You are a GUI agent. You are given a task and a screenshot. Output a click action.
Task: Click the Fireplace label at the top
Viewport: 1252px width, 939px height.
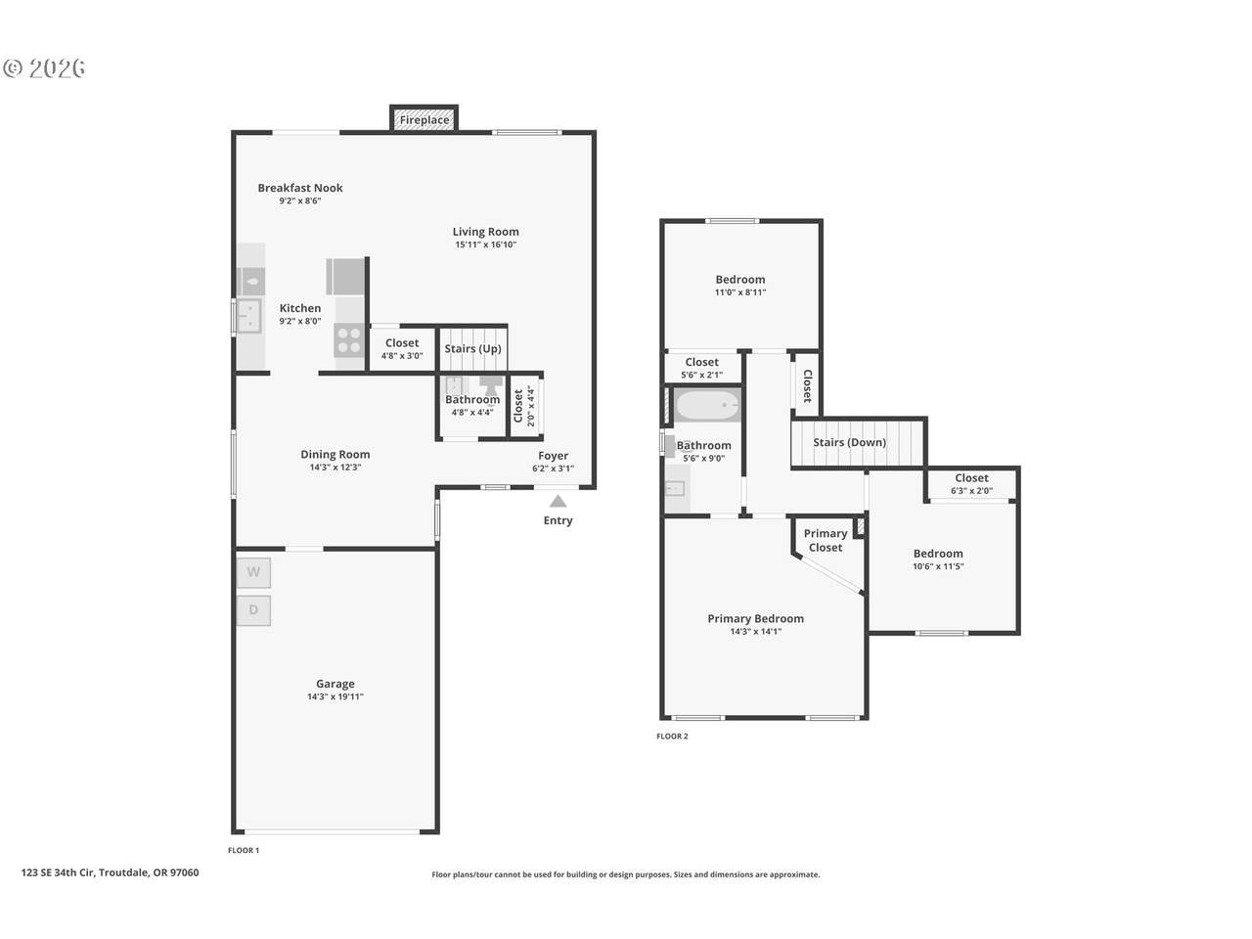click(424, 120)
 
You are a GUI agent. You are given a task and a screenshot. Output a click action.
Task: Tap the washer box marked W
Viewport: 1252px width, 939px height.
click(253, 572)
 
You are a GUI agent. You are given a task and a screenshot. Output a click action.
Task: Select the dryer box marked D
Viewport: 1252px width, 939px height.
click(253, 610)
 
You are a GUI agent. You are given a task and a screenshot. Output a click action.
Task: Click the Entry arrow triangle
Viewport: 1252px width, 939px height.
click(558, 501)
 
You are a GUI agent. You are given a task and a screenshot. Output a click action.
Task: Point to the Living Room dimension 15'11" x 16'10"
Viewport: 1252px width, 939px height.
click(485, 245)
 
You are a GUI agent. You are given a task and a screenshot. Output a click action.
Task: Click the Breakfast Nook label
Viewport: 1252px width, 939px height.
click(300, 188)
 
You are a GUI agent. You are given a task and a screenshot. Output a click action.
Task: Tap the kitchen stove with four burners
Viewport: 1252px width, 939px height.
click(349, 339)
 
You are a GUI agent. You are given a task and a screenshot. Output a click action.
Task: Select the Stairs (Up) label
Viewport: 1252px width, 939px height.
click(472, 348)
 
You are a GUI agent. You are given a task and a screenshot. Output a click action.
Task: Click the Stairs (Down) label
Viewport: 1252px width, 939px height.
click(849, 442)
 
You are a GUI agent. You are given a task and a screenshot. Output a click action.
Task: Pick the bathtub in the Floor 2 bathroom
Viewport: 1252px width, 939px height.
click(708, 405)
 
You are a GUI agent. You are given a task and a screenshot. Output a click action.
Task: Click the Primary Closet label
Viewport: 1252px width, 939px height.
click(826, 541)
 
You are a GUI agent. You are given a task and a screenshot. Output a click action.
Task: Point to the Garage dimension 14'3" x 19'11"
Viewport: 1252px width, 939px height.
click(335, 696)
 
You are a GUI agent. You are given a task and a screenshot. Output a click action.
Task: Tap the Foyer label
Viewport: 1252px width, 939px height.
click(554, 456)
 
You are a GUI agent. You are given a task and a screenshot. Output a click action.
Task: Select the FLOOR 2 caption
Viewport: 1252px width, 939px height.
click(672, 736)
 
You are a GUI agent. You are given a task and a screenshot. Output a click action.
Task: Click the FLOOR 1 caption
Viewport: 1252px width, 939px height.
click(244, 850)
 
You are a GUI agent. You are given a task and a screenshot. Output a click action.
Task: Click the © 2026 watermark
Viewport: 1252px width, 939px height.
click(44, 68)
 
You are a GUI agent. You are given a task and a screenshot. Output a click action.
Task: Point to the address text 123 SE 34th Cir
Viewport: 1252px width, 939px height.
click(58, 872)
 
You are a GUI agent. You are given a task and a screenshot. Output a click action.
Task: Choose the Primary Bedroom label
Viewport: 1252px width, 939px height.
click(756, 618)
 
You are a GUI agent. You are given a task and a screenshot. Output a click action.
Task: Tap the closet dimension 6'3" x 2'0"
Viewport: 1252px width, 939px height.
click(971, 490)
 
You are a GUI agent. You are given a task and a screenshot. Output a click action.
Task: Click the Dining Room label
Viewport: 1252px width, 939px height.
click(335, 455)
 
